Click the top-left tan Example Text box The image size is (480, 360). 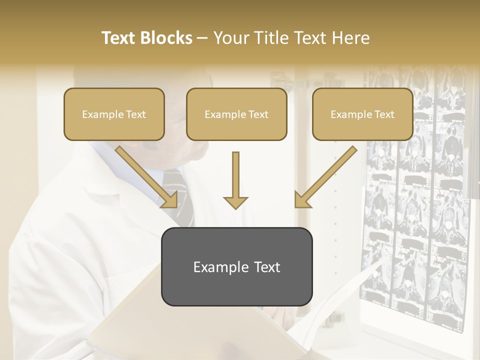114,114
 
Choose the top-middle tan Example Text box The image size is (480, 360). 236,114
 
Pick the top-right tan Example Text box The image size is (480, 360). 362,114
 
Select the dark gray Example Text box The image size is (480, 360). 236,266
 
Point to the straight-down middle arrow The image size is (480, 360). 235,177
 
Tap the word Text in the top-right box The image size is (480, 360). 384,114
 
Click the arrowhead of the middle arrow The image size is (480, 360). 235,202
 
